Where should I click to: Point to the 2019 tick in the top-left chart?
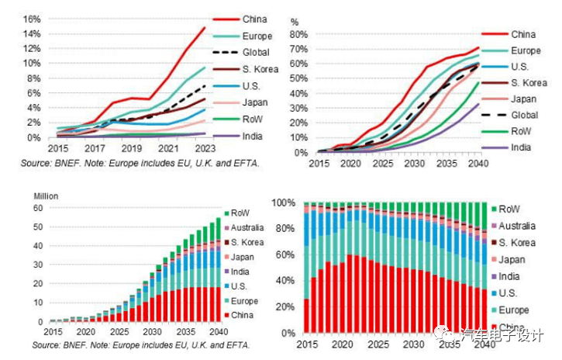pyautogui.click(x=131, y=147)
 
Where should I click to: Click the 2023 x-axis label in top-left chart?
pyautogui.click(x=205, y=147)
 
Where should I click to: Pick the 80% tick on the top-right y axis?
pyautogui.click(x=300, y=34)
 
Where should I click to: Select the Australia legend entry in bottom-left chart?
pyautogui.click(x=247, y=229)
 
